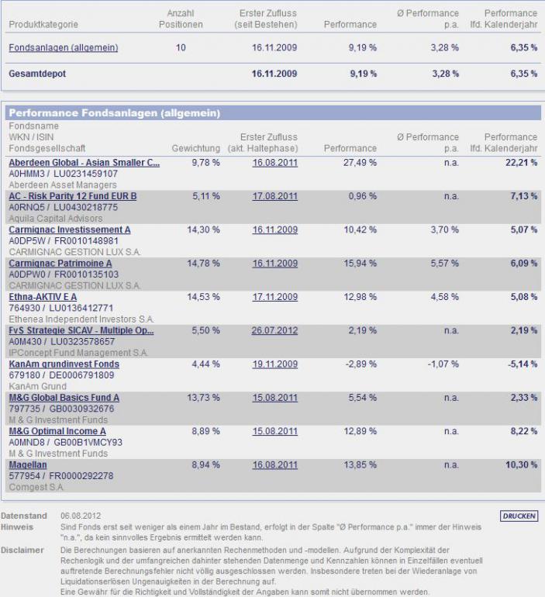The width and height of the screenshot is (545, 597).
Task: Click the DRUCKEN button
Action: [519, 516]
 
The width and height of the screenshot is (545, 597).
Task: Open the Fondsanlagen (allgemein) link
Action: [63, 47]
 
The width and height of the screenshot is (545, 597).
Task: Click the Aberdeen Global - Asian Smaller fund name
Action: [84, 163]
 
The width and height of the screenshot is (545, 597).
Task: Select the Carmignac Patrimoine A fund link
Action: [60, 263]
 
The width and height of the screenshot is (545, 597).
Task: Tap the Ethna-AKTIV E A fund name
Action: [43, 297]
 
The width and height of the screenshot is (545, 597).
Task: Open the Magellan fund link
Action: [28, 464]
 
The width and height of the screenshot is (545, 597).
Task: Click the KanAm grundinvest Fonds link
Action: [64, 364]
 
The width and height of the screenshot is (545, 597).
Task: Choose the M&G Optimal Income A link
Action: [57, 431]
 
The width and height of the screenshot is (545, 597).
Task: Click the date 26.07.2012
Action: [274, 330]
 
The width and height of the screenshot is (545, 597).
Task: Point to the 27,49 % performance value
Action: [360, 163]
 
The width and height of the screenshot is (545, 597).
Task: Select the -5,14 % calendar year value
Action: [523, 364]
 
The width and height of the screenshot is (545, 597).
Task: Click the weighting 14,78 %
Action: [203, 263]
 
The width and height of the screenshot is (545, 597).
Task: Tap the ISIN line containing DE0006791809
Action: [61, 375]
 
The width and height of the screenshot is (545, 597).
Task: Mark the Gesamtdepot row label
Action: [37, 74]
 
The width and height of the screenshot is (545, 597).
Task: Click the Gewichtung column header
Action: [195, 148]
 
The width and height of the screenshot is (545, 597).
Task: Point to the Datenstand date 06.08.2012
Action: [81, 516]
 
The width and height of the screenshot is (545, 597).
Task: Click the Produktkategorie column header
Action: [43, 24]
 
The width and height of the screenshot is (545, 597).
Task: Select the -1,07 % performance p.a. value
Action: [443, 364]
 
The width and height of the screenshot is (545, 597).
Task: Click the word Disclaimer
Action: [22, 550]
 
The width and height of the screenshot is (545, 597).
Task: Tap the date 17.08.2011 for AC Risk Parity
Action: [274, 196]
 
